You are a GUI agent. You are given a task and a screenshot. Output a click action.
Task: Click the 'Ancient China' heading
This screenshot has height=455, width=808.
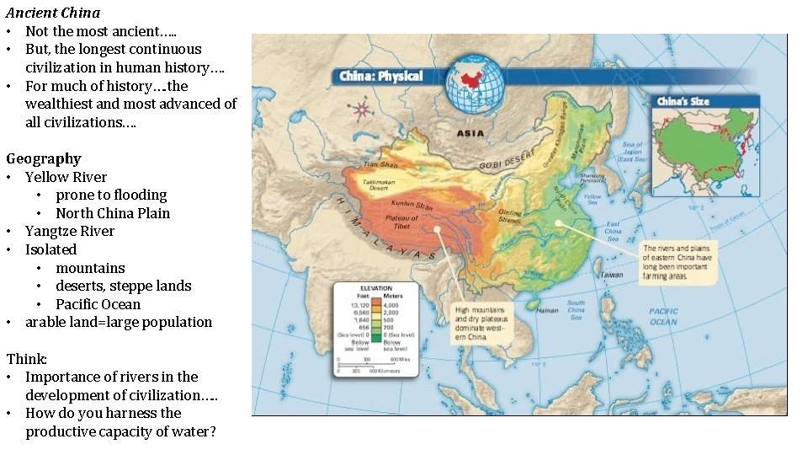tap(53, 13)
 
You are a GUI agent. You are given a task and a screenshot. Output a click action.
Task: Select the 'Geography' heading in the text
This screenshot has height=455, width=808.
tap(44, 158)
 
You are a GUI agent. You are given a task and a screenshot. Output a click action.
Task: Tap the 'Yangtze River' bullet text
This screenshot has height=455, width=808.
tap(70, 231)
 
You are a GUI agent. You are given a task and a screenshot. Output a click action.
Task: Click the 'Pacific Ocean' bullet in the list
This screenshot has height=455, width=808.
tap(98, 304)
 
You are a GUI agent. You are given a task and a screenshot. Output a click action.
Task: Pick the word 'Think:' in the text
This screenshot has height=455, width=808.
tap(25, 358)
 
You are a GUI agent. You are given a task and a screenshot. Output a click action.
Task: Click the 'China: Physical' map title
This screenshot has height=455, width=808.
tap(380, 77)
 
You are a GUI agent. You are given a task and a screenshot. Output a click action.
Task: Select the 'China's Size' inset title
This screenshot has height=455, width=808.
tap(683, 102)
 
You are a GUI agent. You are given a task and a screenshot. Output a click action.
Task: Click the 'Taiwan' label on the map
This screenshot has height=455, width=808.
tap(612, 275)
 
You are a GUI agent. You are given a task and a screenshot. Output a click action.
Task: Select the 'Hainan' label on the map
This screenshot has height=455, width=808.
tap(547, 310)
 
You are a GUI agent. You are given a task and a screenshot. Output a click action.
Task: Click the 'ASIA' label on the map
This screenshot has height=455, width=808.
tap(470, 133)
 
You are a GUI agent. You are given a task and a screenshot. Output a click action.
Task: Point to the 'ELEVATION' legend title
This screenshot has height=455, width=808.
tap(376, 287)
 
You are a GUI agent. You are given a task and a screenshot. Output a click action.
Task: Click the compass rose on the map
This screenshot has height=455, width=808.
tap(362, 109)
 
